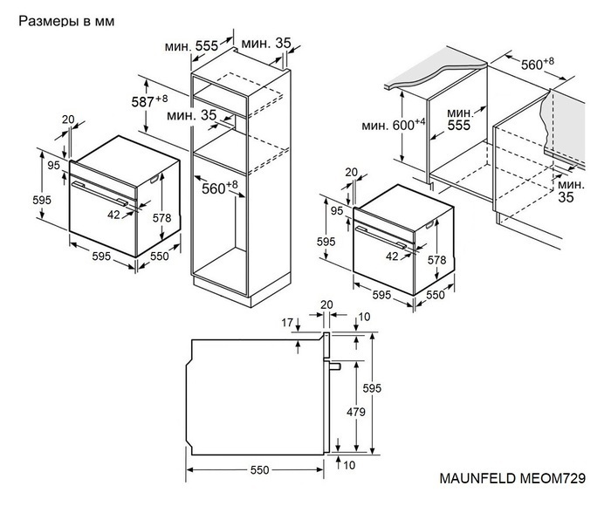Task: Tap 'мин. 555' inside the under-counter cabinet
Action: [458, 120]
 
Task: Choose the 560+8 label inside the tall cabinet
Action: [219, 187]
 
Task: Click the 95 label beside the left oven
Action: [52, 165]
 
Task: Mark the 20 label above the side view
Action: [327, 304]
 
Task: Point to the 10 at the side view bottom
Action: [349, 466]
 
